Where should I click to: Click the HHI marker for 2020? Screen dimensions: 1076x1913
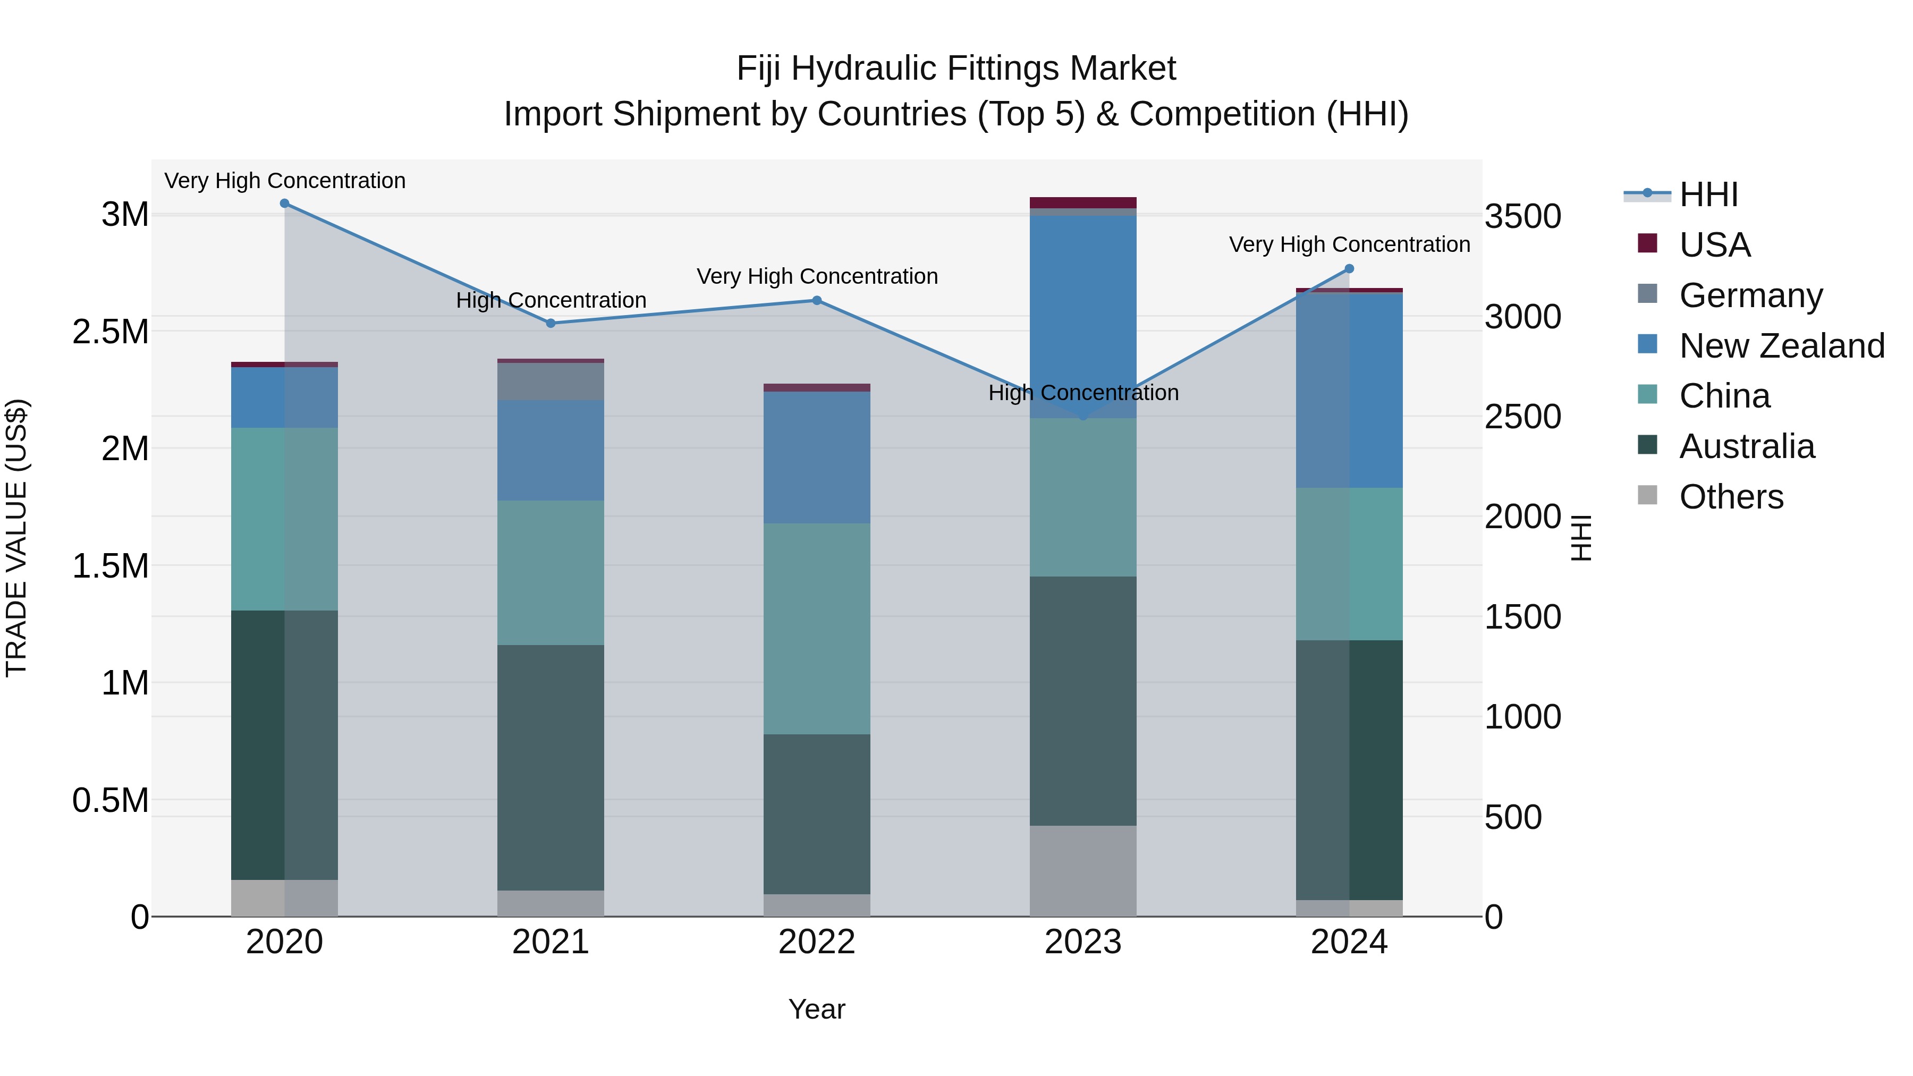284,204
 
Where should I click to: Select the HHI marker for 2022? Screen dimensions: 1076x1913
817,301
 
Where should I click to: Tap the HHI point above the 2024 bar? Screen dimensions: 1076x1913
1349,269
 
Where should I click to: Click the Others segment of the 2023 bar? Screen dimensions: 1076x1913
1083,870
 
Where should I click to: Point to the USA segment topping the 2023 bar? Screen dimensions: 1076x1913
1083,203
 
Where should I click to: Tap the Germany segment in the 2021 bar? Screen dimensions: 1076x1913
551,381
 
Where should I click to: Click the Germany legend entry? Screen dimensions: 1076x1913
1750,295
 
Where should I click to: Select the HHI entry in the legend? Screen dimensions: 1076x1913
1708,194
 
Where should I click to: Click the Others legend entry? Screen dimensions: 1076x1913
1730,497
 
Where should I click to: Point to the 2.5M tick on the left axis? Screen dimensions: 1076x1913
111,332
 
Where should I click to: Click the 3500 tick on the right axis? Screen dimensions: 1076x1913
1522,217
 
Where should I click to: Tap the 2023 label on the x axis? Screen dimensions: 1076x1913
1083,942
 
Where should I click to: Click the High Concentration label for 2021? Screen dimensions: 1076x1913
551,300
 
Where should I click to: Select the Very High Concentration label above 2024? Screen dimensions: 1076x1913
1349,244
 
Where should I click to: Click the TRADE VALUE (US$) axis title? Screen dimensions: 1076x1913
16,538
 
